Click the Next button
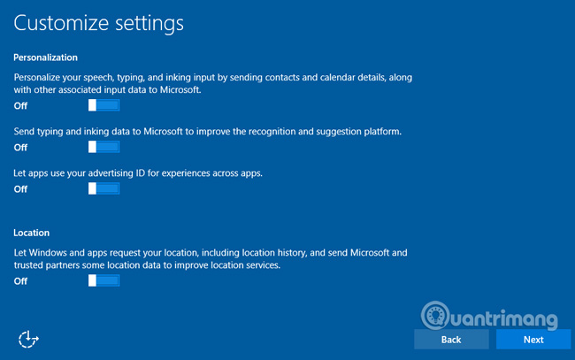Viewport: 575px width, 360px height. pyautogui.click(x=533, y=340)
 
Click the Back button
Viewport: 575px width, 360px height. pyautogui.click(x=451, y=340)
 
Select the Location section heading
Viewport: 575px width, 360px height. pyautogui.click(x=32, y=234)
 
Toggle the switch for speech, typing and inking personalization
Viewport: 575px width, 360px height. pyautogui.click(x=103, y=105)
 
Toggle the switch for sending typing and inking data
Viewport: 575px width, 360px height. pyautogui.click(x=103, y=147)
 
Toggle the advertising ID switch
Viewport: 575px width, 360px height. pyautogui.click(x=103, y=188)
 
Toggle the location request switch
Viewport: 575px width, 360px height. pyautogui.click(x=103, y=280)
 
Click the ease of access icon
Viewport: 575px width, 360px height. pyautogui.click(x=29, y=338)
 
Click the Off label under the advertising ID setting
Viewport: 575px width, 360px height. pyautogui.click(x=21, y=189)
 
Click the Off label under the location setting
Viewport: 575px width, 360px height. pyautogui.click(x=21, y=281)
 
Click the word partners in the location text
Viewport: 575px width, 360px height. pyautogui.click(x=74, y=265)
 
